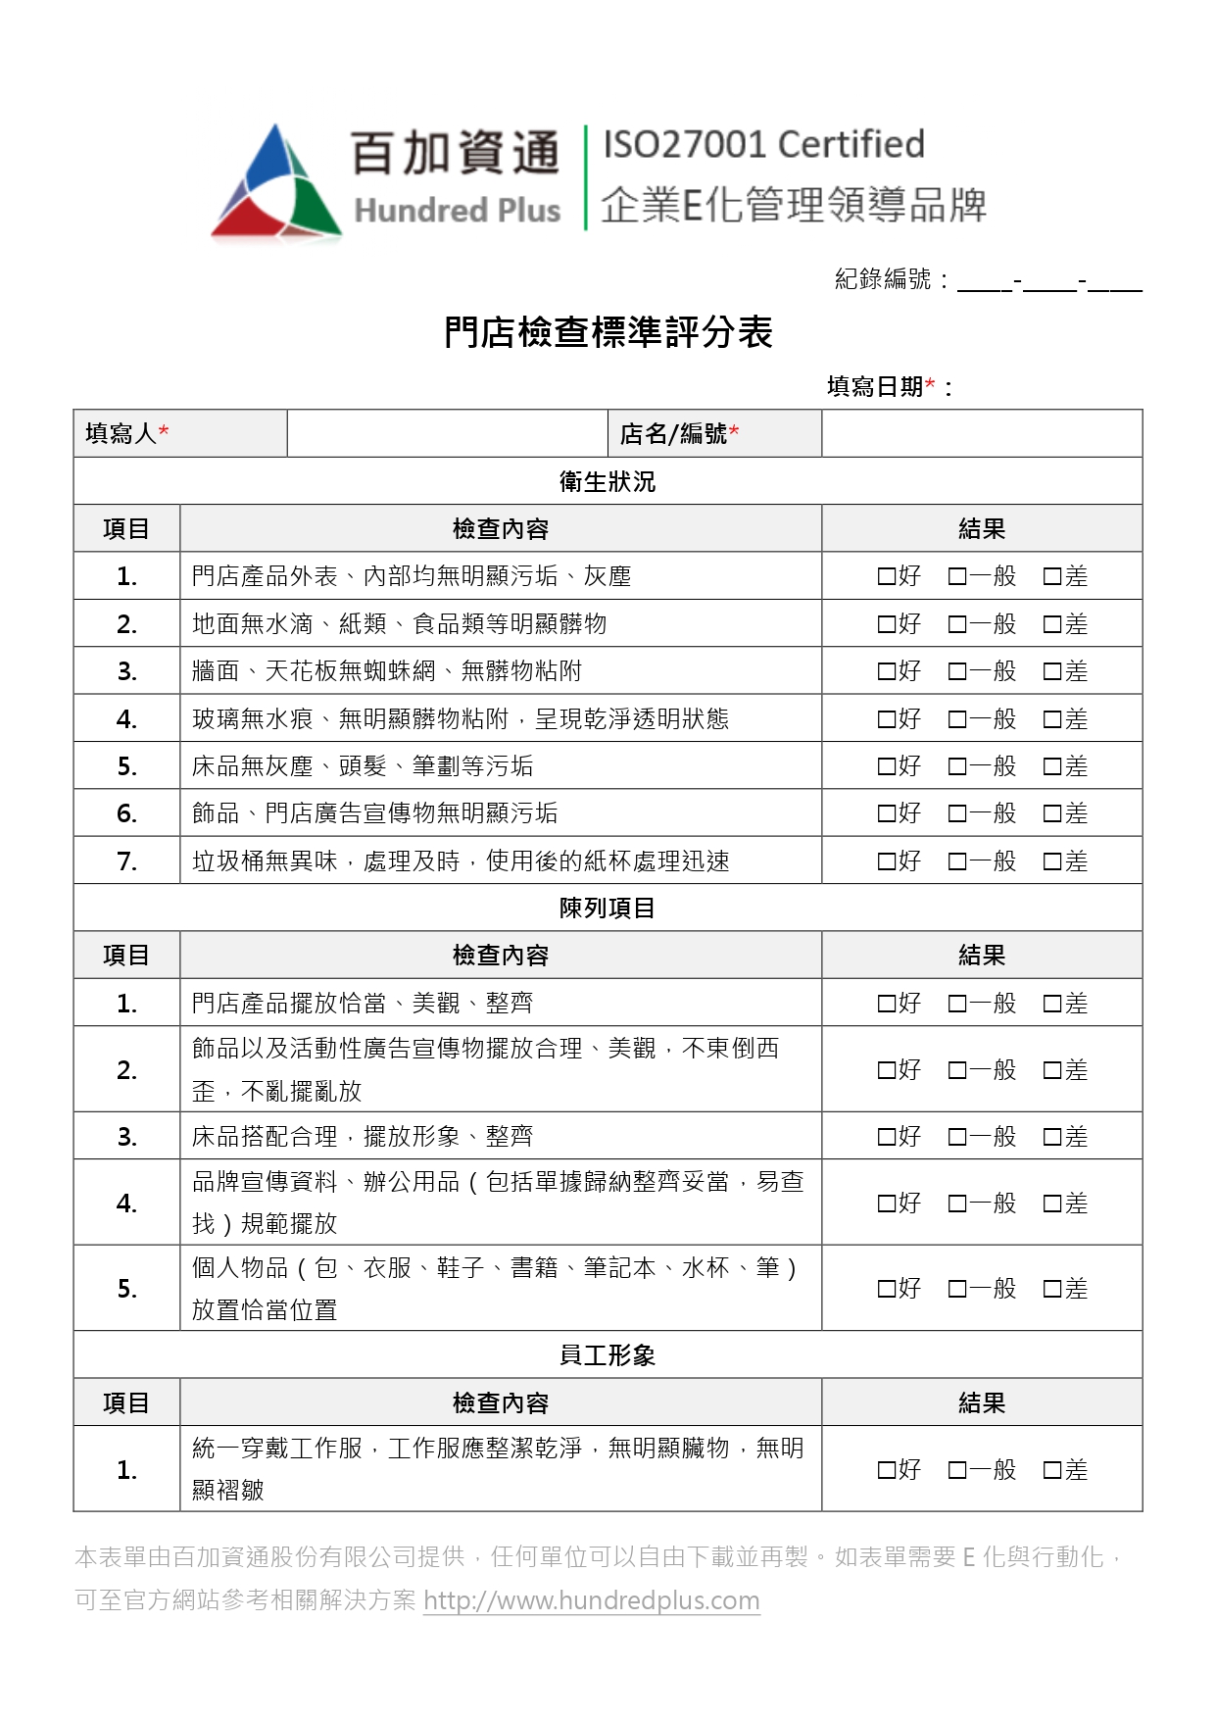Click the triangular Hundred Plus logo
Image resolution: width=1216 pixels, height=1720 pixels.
[x=277, y=183]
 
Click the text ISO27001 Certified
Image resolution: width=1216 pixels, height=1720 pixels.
[x=763, y=145]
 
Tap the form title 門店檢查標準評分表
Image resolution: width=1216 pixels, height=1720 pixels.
[x=608, y=333]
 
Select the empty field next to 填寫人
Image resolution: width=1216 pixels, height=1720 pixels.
[x=447, y=433]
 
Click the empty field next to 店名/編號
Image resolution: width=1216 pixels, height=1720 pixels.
[x=981, y=433]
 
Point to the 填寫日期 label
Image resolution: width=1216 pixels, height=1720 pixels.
[x=875, y=387]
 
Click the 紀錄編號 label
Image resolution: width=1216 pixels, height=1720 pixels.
[x=883, y=279]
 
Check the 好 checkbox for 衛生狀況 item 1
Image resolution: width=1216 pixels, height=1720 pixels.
[x=886, y=576]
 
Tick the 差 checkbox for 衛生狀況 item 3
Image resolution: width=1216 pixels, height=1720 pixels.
[x=1052, y=671]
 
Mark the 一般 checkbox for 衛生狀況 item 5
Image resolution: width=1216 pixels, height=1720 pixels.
[x=957, y=766]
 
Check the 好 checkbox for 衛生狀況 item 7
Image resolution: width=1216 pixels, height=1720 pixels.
[x=886, y=861]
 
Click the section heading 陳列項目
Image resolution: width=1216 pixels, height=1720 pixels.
[x=608, y=909]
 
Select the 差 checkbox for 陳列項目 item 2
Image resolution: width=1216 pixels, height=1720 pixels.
[x=1052, y=1070]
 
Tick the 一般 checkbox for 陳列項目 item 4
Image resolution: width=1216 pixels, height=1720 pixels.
[x=957, y=1204]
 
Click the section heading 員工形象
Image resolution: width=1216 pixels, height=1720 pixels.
[x=608, y=1355]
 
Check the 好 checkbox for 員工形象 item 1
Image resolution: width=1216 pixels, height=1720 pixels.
[x=886, y=1470]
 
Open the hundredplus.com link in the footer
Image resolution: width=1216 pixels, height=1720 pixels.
[x=591, y=1601]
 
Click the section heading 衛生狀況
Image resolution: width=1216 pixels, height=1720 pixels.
[x=608, y=481]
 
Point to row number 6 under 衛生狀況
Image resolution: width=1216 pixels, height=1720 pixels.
[x=126, y=813]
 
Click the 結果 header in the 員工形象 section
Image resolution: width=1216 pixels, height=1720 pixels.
[x=981, y=1403]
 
